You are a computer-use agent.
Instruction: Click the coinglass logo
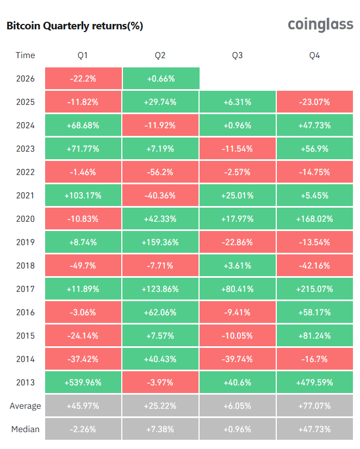click(320, 24)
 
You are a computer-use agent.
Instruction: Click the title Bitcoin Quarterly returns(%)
click(75, 26)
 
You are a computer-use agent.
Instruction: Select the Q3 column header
click(238, 55)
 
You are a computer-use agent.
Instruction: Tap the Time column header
click(25, 55)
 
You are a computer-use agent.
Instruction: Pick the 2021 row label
click(25, 195)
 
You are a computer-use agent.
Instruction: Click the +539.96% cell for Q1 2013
click(83, 382)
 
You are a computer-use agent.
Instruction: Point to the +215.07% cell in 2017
click(315, 289)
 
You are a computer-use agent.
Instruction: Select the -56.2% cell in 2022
click(160, 172)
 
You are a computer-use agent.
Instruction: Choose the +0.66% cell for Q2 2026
click(160, 78)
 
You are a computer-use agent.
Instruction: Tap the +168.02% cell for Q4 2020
click(315, 219)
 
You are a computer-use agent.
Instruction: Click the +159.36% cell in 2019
click(160, 242)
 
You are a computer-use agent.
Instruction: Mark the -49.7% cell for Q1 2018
click(83, 265)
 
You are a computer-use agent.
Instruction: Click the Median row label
click(25, 429)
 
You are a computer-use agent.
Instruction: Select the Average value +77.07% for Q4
click(315, 406)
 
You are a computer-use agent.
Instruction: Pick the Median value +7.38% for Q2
click(160, 429)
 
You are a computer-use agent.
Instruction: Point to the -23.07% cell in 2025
click(315, 102)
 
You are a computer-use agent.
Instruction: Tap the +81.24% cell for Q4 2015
click(315, 335)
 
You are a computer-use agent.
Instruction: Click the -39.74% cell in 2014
click(238, 359)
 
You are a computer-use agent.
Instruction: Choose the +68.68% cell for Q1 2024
click(83, 125)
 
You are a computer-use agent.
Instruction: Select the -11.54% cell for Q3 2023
click(238, 148)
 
